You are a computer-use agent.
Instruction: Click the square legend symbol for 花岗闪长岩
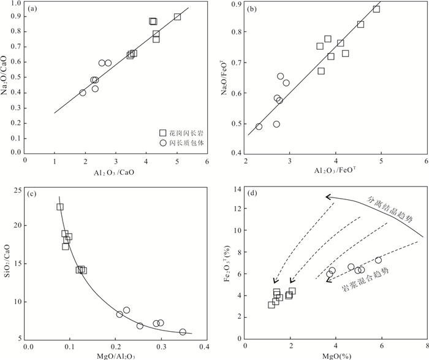pyautogui.click(x=162, y=133)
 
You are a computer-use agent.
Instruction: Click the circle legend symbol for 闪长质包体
pyautogui.click(x=162, y=143)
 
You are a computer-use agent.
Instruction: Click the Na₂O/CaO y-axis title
pyautogui.click(x=7, y=75)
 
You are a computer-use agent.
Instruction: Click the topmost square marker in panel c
pyautogui.click(x=60, y=207)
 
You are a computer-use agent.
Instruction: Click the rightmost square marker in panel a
pyautogui.click(x=177, y=17)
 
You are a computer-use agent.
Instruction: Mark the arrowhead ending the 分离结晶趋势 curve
pyautogui.click(x=327, y=197)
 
